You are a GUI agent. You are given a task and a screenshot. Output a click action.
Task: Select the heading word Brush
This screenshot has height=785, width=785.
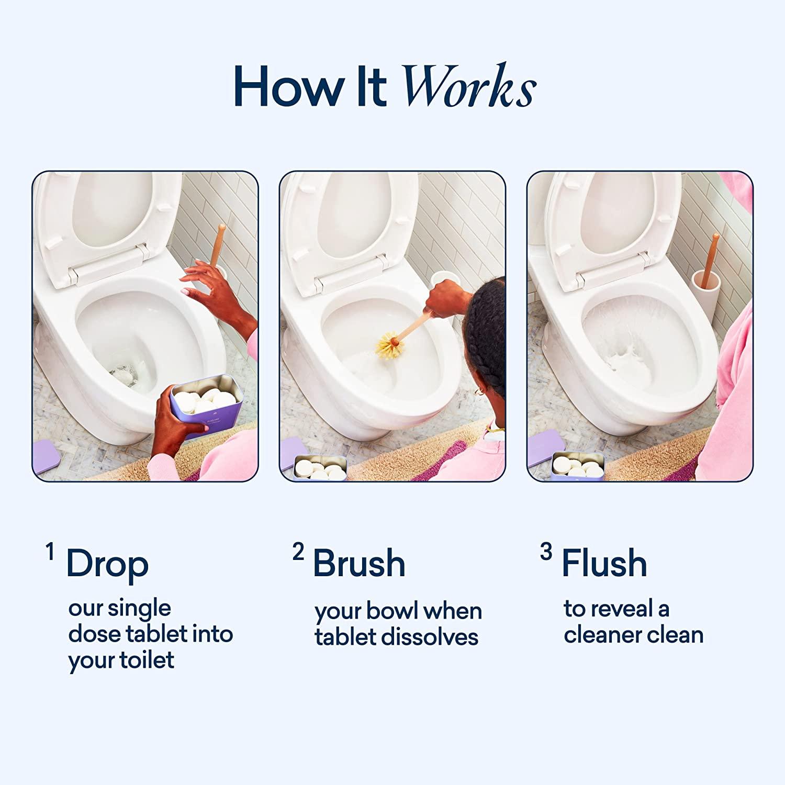359,564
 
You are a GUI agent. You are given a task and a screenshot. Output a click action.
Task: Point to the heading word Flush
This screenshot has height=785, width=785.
604,564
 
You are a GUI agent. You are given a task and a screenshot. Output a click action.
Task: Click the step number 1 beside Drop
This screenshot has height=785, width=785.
50,552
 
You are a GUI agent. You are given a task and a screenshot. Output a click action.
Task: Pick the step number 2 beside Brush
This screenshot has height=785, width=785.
298,552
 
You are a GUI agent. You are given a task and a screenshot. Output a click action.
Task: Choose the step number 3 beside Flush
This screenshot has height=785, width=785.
546,552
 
